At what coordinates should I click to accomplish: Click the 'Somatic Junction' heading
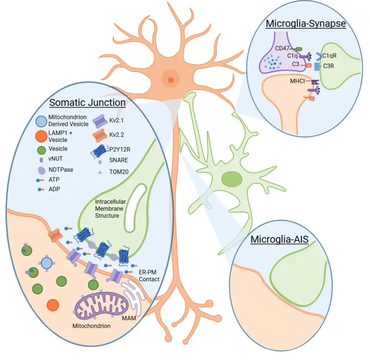[88, 102]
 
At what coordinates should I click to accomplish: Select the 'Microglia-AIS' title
[279, 239]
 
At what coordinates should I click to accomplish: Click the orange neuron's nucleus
[171, 79]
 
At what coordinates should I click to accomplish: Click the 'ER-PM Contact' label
[149, 276]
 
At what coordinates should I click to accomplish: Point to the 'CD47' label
[283, 48]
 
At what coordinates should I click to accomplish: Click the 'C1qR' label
[329, 56]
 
